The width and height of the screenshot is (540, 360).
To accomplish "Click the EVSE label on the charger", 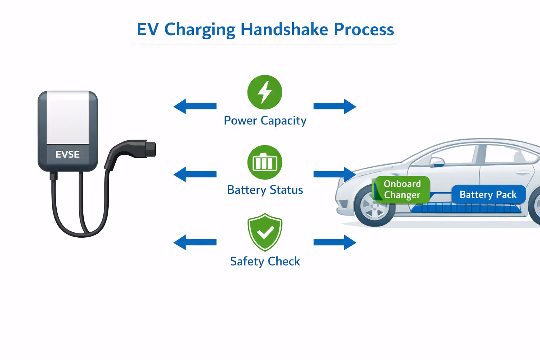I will (67, 154).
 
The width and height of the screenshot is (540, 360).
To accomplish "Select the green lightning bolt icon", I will (265, 92).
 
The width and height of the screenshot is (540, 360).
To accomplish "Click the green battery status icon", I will (265, 162).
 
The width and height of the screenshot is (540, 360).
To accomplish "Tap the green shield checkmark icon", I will (265, 232).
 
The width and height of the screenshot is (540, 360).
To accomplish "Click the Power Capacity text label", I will (265, 121).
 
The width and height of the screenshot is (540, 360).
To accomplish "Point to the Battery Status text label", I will (265, 190).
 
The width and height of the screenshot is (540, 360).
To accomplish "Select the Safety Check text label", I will (265, 261).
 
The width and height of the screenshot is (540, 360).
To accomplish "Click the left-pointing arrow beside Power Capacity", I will (195, 106).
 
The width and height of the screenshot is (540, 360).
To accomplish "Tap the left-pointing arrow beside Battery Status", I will (195, 174).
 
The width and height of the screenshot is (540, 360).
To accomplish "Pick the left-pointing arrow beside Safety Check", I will (195, 242).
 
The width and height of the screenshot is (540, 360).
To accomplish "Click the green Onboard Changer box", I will (402, 189).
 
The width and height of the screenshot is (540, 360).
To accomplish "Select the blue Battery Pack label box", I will (488, 194).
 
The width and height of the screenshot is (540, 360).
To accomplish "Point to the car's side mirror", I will (437, 162).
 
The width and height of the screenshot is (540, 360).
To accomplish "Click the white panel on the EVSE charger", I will (68, 117).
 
